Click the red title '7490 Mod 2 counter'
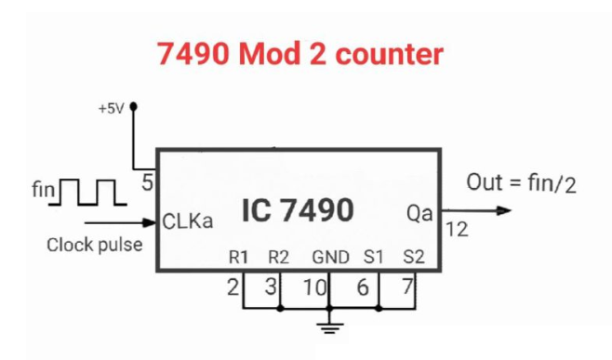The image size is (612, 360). point(300,54)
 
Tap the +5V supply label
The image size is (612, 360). point(110,108)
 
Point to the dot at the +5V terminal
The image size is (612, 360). point(134,106)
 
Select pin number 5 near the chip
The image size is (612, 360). point(147,182)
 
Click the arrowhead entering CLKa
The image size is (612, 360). point(151,222)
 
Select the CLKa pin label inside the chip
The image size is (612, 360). point(187,223)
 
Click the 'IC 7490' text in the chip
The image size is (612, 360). point(298,211)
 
